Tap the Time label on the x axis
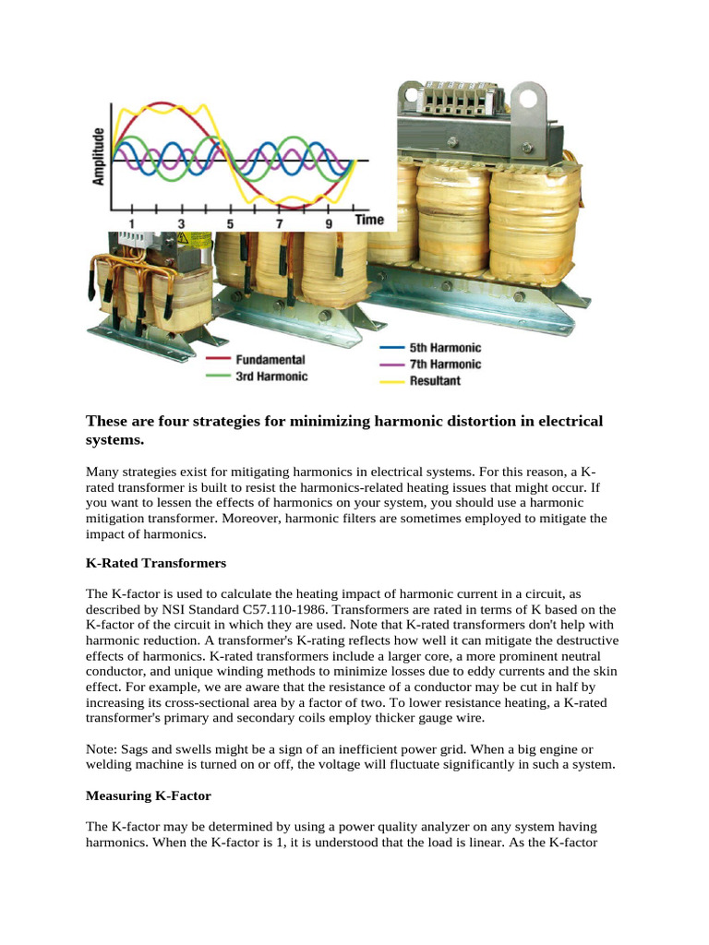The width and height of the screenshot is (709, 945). point(369,221)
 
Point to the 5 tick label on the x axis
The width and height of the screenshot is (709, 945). point(230,223)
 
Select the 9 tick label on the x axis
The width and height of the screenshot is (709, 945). point(328,223)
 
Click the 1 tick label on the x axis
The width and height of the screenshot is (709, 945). point(131,223)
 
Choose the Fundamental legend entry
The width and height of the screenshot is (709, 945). point(270,359)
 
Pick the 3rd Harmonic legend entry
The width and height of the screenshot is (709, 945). point(271,377)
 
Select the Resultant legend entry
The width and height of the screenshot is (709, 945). point(435,380)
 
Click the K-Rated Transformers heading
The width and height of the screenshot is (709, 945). point(156,562)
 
